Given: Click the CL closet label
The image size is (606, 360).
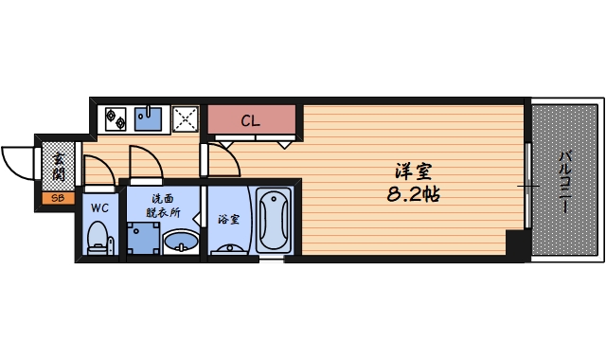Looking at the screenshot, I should tap(250, 121).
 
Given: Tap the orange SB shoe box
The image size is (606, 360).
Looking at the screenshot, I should tap(57, 198).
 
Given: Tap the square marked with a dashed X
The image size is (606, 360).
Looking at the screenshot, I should tap(185, 119).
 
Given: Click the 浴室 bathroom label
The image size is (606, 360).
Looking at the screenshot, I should tap(228, 219).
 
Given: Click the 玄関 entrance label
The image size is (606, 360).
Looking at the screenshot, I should tap(59, 166).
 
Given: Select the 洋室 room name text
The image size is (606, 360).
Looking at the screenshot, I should tap(415, 173).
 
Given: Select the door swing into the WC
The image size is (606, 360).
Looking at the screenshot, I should tap(97, 168).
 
